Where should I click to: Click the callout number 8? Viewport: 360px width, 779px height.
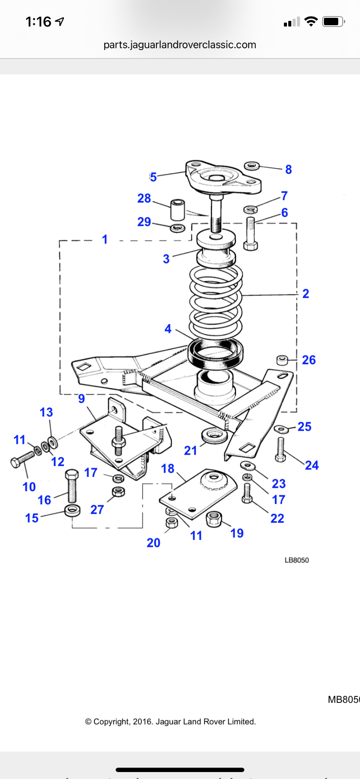coord(288,170)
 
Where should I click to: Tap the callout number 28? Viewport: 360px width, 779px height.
coord(144,198)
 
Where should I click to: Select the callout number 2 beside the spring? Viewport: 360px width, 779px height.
coord(306,293)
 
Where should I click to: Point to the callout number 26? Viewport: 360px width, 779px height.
coord(309,360)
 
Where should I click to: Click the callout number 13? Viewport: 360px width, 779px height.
coord(47,412)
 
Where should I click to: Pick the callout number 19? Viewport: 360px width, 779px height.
coord(237,533)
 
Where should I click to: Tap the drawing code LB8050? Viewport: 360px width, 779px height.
coord(297,560)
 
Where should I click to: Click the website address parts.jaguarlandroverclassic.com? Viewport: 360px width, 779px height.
coord(180,45)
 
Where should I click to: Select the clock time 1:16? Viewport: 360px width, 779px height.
coord(38,21)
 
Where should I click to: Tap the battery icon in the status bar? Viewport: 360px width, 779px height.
coord(333,21)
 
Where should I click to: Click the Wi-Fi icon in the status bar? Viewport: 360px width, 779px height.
coord(311,21)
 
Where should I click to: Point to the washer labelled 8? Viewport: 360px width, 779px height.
coord(252,166)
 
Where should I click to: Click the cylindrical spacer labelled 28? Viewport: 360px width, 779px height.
coord(177,210)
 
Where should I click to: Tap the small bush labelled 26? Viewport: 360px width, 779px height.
coord(282,360)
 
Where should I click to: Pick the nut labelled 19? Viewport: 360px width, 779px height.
coord(213,519)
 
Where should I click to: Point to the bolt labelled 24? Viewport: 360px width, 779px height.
coord(281,450)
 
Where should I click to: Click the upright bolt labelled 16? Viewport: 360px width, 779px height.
coord(72,486)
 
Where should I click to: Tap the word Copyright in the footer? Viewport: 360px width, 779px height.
coord(112,722)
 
